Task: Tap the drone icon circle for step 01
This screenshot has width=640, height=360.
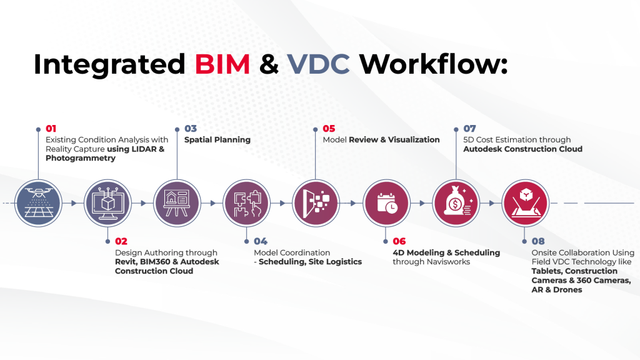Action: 37,203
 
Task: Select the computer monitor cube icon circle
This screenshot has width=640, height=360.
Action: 107,203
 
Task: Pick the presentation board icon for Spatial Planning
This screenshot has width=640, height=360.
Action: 176,203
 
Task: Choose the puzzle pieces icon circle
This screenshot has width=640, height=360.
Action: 246,203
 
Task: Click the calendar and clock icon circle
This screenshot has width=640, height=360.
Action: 385,203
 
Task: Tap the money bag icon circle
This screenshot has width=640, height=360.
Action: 455,203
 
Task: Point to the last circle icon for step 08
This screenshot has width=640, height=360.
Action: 524,203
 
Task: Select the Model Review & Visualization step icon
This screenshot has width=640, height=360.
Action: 316,203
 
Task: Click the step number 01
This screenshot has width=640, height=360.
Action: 51,129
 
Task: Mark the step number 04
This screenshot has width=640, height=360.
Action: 260,241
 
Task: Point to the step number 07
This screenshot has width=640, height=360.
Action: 469,129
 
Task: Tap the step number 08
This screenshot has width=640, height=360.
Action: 538,241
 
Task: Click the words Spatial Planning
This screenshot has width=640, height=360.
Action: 217,140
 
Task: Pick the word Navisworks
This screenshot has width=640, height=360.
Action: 445,262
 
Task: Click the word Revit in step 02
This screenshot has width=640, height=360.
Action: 126,262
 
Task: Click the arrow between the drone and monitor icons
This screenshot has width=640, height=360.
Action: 72,203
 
